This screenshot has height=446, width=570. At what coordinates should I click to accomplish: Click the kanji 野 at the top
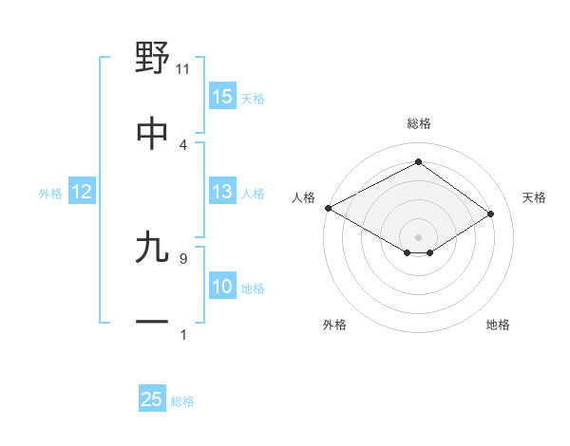[x=153, y=58]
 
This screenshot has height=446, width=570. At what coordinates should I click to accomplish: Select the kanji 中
[x=153, y=134]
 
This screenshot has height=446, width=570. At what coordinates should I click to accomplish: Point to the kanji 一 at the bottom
[x=153, y=323]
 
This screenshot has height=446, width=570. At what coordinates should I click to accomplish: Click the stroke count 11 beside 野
[x=183, y=68]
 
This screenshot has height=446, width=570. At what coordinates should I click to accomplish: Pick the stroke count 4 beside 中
[x=183, y=144]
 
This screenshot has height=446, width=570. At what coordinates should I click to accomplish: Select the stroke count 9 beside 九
[x=183, y=257]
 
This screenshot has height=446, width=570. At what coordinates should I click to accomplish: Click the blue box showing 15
[x=222, y=97]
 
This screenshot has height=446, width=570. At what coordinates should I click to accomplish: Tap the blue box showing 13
[x=222, y=192]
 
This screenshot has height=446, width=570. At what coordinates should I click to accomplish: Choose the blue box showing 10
[x=222, y=287]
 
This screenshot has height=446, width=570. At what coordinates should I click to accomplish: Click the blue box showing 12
[x=82, y=192]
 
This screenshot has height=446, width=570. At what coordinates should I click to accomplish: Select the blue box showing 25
[x=152, y=400]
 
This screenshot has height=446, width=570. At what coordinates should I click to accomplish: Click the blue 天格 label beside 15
[x=252, y=98]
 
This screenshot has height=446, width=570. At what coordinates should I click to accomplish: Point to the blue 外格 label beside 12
[x=50, y=193]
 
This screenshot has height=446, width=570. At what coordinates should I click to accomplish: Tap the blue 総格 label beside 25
[x=182, y=400]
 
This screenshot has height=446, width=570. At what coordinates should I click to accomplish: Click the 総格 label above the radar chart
[x=418, y=123]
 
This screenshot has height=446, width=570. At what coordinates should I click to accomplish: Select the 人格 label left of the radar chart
[x=303, y=196]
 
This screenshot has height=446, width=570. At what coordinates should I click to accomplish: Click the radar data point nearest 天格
[x=491, y=214]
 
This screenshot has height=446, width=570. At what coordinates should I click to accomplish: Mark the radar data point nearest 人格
[x=328, y=207]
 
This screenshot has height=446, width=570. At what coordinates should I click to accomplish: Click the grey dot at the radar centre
[x=418, y=236]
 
